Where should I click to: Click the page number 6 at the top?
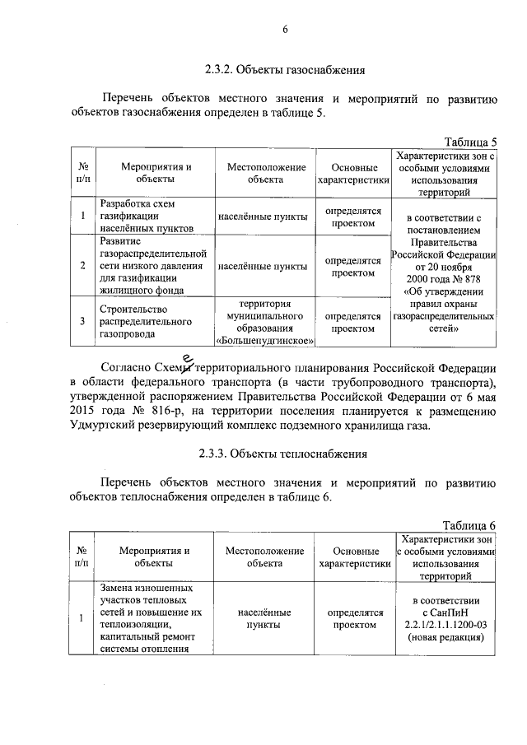pos(284,30)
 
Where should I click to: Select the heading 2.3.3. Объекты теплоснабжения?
pos(284,454)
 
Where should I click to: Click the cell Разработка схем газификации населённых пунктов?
pos(146,216)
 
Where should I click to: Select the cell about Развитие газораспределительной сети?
pos(152,266)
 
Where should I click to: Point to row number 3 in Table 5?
pos(83,321)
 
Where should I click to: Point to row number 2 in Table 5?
pos(83,266)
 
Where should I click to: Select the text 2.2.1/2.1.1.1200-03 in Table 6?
pos(445,624)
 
